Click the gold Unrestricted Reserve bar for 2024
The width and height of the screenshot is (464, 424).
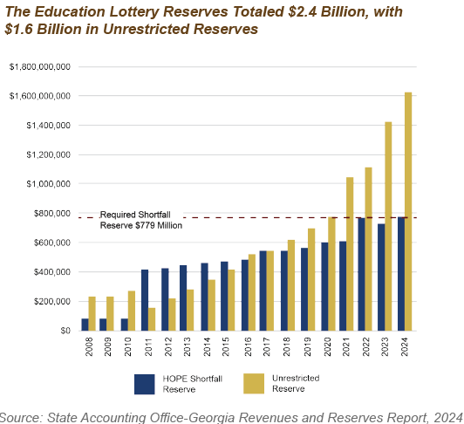[x=408, y=211]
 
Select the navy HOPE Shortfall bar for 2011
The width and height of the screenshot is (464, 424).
[x=145, y=300]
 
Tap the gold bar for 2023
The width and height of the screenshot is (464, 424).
[x=388, y=226]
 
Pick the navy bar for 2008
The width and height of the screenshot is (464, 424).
[x=85, y=325]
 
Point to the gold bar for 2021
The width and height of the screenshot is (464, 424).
[x=350, y=254]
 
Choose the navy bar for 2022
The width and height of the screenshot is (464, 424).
[x=361, y=274]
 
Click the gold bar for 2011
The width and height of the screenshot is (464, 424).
[x=152, y=319]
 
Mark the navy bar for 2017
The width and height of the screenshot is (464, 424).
[x=263, y=291]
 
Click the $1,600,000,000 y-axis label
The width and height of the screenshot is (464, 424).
[x=40, y=96]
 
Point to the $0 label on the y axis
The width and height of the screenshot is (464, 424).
[x=65, y=331]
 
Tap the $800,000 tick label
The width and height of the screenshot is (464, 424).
[x=52, y=213]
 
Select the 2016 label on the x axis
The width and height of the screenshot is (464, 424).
[x=248, y=346]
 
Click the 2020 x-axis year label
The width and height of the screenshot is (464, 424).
[x=327, y=346]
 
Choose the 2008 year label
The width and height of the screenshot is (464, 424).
[x=89, y=346]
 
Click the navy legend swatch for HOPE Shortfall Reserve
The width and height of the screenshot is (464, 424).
[x=145, y=384]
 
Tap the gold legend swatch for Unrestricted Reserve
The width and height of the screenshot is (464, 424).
[x=254, y=384]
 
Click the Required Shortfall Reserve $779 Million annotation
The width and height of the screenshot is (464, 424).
[x=141, y=220]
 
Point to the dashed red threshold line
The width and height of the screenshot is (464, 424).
[x=248, y=217]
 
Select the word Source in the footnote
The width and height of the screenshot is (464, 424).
[x=20, y=417]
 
